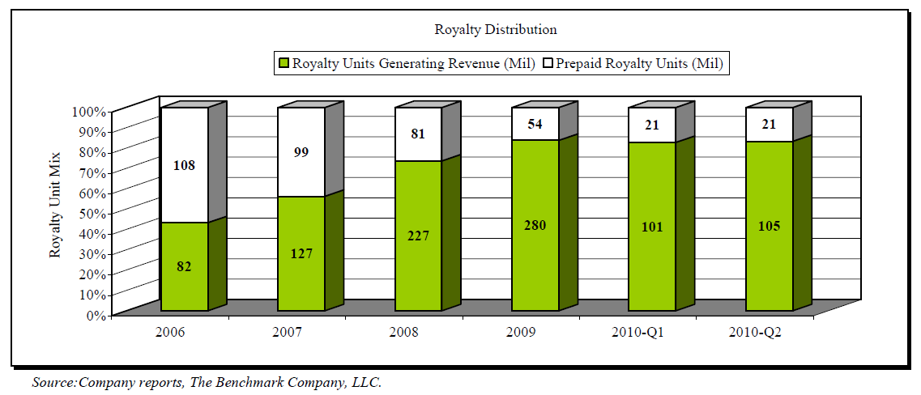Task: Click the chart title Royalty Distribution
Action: [x=496, y=30]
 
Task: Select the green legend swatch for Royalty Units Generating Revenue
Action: [x=284, y=63]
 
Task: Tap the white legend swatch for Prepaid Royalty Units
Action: [x=547, y=63]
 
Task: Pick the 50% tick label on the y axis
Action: [x=92, y=213]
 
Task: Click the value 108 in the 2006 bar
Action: [x=184, y=165]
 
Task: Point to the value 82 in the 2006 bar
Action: [x=184, y=266]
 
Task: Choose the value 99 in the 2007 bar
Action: [x=301, y=152]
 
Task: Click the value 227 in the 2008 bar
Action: [x=417, y=236]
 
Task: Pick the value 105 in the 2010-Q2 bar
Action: [x=769, y=226]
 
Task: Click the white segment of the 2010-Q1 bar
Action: [x=651, y=124]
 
